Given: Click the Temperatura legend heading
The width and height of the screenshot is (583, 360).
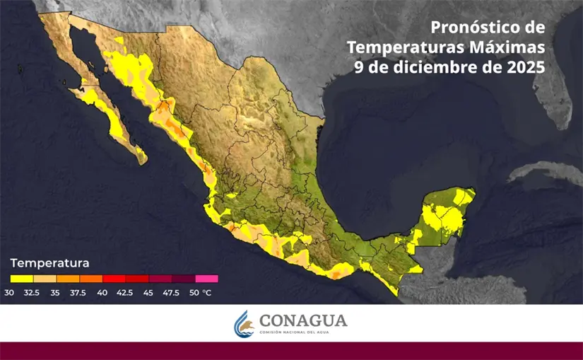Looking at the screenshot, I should point(49,263).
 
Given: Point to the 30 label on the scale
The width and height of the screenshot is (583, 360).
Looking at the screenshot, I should point(9,292).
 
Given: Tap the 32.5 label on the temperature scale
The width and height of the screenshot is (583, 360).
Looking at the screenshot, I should point(31,292).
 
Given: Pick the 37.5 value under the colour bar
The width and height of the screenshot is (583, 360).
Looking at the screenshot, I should point(79,292).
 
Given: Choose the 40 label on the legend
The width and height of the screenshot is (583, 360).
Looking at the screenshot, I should point(102,292).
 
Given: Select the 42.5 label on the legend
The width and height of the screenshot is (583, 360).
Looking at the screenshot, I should point(125,292).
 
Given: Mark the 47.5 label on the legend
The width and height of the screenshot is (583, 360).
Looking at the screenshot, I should point(171,292).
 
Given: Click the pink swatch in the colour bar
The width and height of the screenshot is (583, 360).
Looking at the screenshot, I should point(206,279).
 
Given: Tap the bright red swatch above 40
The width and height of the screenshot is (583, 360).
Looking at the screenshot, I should point(114,279).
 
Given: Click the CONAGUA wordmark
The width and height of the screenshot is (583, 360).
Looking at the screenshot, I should point(303,320).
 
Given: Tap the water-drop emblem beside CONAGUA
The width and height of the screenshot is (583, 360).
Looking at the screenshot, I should point(244,324).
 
